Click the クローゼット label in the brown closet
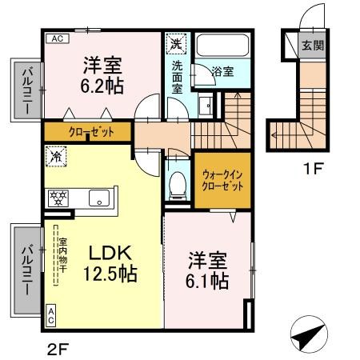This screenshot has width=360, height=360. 90,131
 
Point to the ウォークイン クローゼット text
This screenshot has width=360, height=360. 218,178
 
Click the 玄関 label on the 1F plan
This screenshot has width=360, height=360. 313,46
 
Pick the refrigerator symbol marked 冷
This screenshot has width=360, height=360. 56,158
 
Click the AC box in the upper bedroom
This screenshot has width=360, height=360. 58,38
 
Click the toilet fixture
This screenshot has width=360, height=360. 178,181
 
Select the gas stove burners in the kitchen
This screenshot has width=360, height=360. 58,197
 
